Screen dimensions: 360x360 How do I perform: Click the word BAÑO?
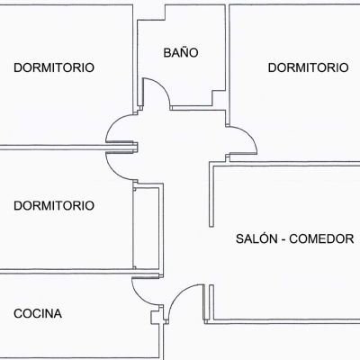[x=181, y=52]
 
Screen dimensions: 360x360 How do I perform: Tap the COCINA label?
[x=38, y=313]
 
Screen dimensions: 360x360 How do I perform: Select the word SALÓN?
[x=256, y=238]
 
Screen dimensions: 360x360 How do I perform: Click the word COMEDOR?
[x=321, y=238]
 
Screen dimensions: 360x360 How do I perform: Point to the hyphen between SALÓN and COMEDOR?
[x=283, y=239]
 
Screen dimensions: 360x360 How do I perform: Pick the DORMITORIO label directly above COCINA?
[x=54, y=205]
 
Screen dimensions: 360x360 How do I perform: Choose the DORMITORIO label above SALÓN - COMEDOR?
[x=308, y=67]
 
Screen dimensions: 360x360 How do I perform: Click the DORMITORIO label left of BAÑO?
[x=54, y=67]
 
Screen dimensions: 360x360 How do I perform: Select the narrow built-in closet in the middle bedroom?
[x=146, y=228]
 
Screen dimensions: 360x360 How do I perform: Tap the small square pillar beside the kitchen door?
[x=155, y=317]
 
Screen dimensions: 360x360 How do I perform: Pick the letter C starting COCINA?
[x=18, y=313]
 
